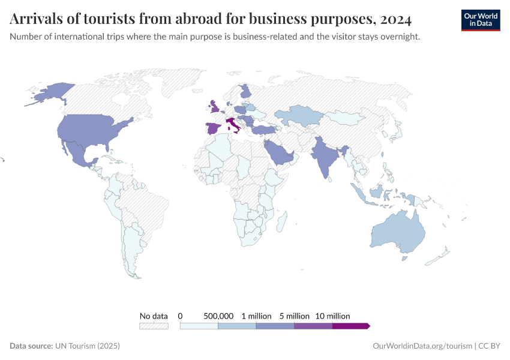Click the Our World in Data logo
[x=480, y=20]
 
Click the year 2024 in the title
[x=395, y=19]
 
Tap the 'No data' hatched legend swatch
[x=154, y=326]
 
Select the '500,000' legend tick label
[x=218, y=316]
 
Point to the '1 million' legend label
[x=257, y=316]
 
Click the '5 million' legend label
[x=295, y=316]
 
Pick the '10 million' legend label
[x=332, y=316]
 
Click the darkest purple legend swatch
[x=350, y=326]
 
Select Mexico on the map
[x=79, y=153]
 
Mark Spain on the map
[x=213, y=128]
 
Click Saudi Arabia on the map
[x=279, y=152]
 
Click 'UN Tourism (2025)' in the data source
[x=88, y=346]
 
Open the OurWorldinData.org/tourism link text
[x=422, y=346]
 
